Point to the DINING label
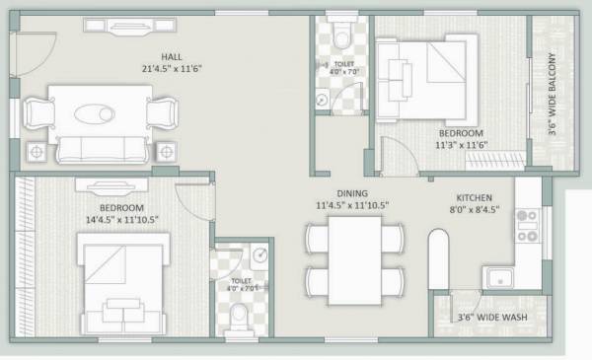point(352,193)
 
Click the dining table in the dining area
point(354,255)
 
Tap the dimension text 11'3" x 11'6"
point(462,145)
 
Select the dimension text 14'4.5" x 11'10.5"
point(123,220)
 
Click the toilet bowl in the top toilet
point(341,36)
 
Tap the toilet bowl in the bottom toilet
point(241,316)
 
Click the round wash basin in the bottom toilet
point(259,255)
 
